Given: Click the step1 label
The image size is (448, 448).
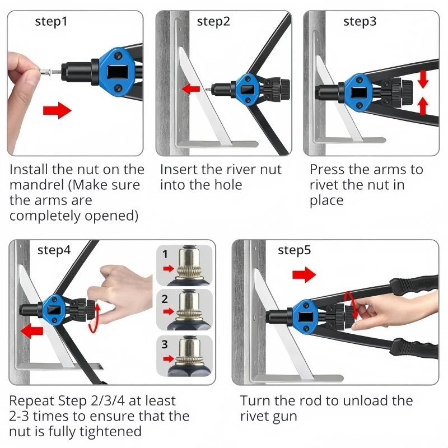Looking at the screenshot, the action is point(51,22).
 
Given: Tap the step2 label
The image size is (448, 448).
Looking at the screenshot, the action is point(213,22).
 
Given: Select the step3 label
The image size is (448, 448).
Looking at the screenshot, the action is point(360,22).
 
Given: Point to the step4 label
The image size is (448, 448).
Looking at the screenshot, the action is point(54,250).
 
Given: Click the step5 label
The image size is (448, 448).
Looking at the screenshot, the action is point(295,250).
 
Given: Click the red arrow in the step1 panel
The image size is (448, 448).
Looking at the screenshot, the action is point(57,110).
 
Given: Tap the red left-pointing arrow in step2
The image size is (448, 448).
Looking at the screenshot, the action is point(191,88).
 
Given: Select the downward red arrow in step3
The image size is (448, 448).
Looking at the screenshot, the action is point(423,79).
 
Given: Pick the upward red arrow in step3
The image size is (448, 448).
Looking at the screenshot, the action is point(423,106).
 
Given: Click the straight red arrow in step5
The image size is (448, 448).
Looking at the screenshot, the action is point(304,274).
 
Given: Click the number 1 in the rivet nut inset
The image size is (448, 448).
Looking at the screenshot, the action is point(165,254).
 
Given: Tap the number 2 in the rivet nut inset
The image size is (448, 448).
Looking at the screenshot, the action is point(165,299).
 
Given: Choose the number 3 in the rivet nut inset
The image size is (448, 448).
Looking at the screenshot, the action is point(165,344).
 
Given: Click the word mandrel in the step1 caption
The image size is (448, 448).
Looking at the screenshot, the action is point(36,185).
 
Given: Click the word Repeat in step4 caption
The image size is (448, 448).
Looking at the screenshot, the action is point(32,401).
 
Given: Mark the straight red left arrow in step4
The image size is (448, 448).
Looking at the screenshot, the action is point(32,331).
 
